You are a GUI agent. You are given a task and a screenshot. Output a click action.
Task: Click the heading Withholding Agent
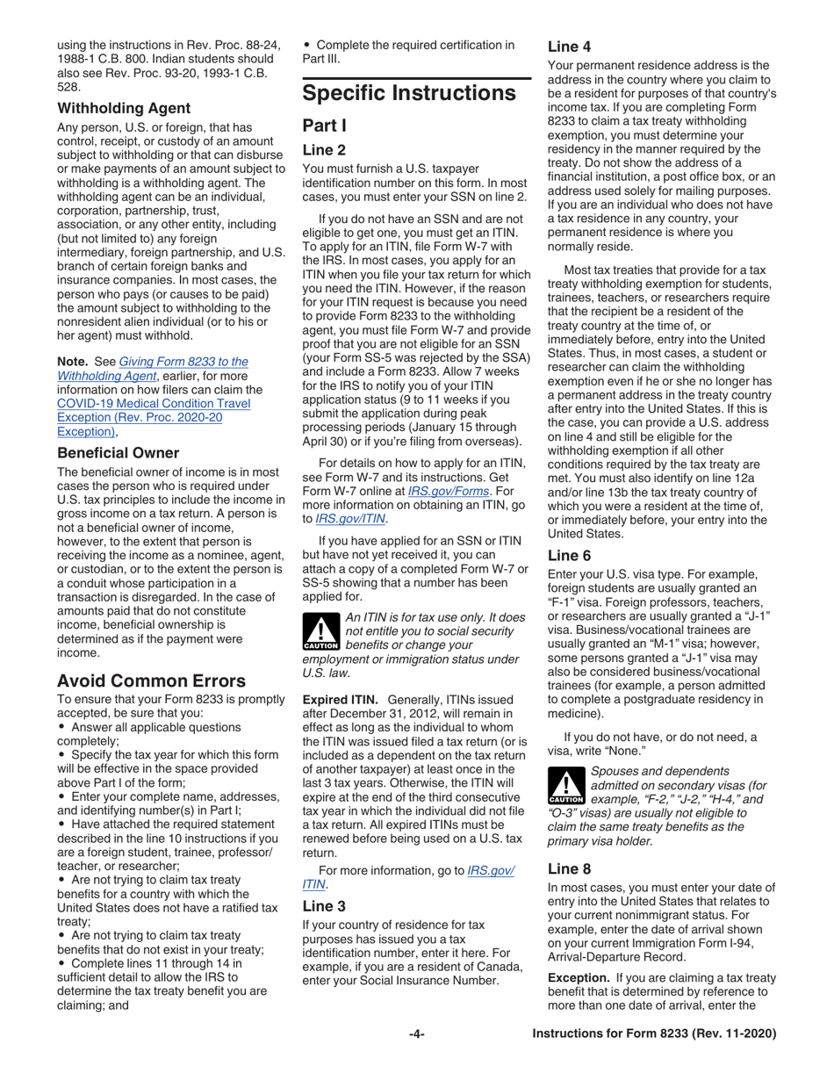[x=124, y=109]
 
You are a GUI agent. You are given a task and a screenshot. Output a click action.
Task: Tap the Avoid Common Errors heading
[x=153, y=656]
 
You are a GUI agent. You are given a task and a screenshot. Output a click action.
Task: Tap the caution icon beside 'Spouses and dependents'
[x=565, y=788]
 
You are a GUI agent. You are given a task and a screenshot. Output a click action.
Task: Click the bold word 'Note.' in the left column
[x=74, y=361]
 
